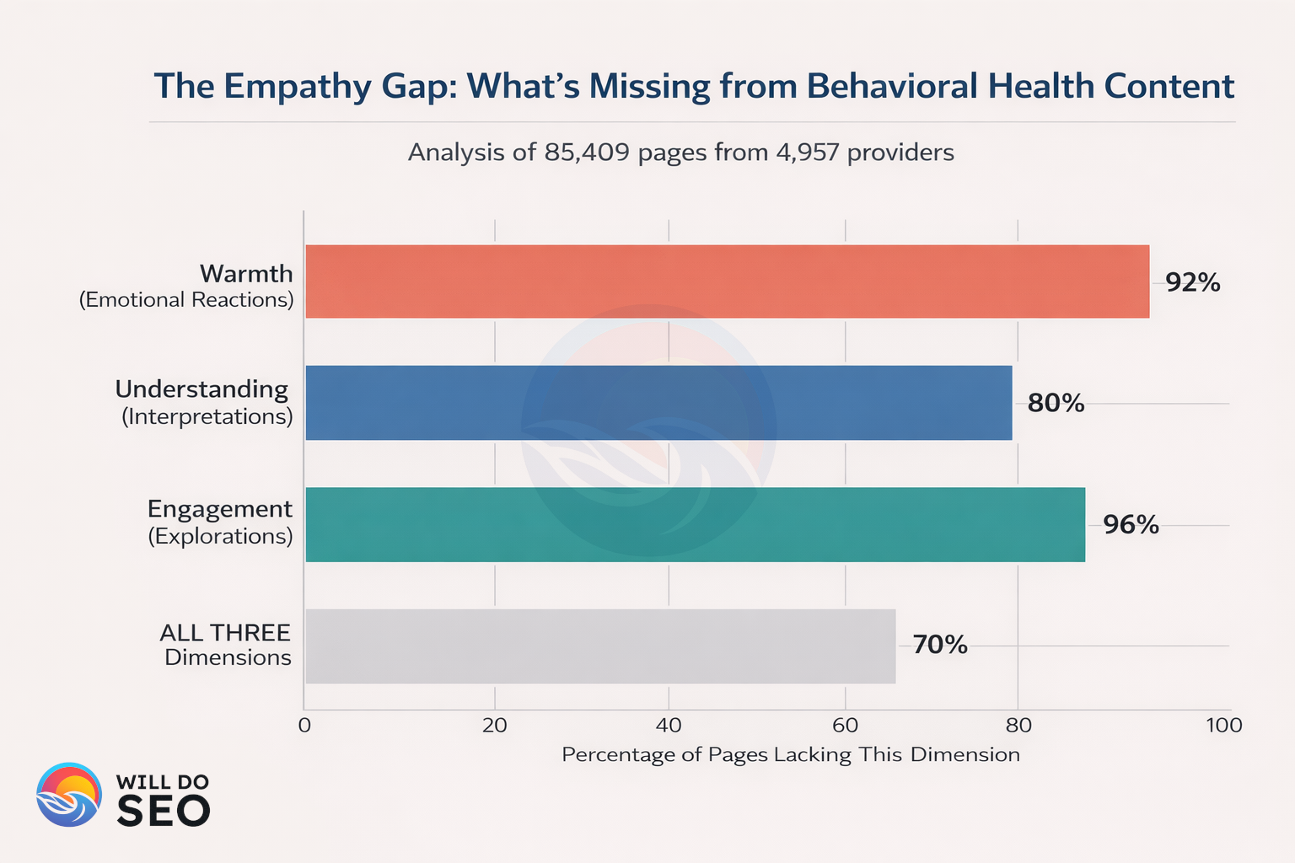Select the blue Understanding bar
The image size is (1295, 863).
tap(658, 403)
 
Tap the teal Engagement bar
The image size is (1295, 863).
tap(695, 524)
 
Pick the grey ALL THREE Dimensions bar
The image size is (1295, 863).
tap(600, 646)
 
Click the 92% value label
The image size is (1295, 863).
tap(1192, 282)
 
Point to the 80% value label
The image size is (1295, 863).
tap(1056, 403)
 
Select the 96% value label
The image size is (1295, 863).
tap(1131, 525)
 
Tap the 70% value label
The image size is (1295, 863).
tap(939, 646)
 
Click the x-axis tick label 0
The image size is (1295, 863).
tap(304, 726)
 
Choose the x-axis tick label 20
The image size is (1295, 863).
tap(495, 726)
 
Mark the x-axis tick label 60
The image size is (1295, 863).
tap(845, 726)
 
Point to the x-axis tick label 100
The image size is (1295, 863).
tap(1224, 726)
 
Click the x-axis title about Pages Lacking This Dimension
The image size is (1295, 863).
tap(790, 754)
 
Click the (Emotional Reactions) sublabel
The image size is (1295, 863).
tap(186, 300)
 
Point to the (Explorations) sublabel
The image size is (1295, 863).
tap(220, 537)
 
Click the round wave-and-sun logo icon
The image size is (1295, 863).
tap(69, 795)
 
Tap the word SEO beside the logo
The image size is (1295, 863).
tap(163, 811)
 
